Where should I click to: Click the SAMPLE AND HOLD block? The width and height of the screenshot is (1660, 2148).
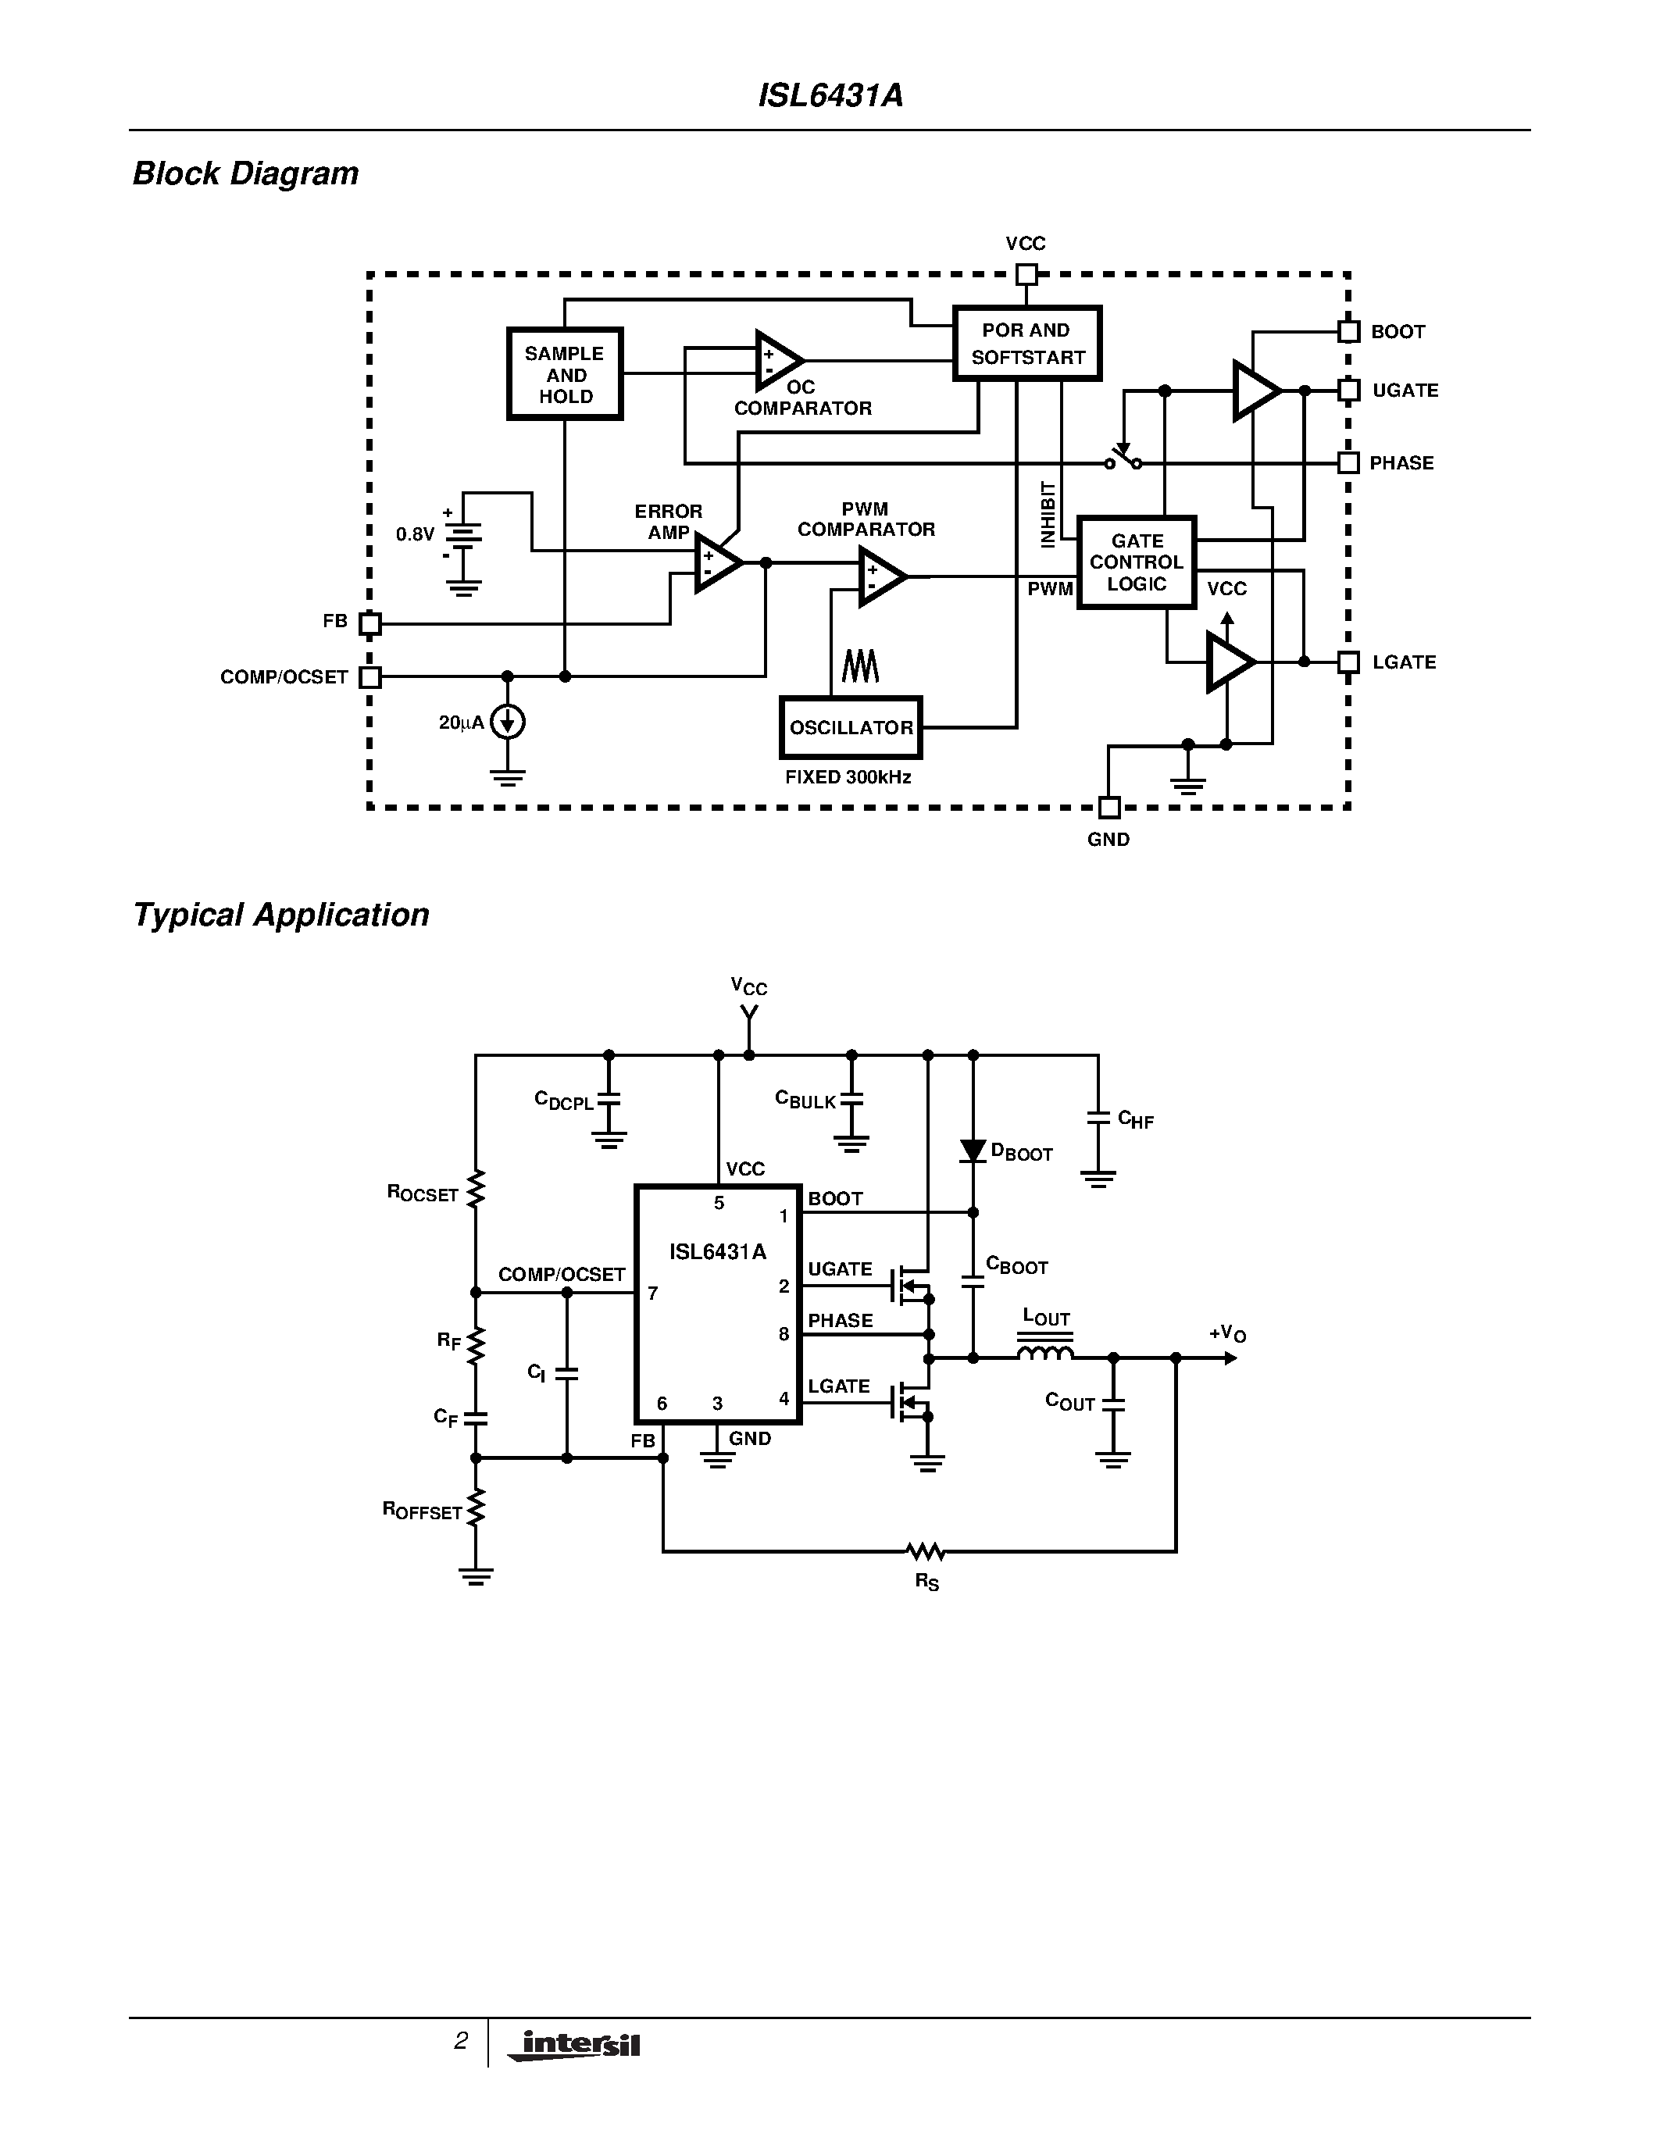tap(565, 373)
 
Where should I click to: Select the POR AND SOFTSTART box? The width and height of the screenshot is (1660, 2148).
tap(1026, 343)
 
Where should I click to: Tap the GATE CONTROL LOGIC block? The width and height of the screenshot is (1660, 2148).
tap(1136, 562)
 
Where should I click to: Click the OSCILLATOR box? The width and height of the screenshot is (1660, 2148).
tap(851, 728)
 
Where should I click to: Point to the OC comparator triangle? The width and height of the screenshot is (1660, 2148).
tap(777, 361)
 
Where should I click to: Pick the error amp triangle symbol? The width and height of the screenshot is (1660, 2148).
tap(716, 563)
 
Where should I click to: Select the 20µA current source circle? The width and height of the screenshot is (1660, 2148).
tap(508, 723)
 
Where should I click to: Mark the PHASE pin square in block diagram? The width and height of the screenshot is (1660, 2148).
tap(1348, 462)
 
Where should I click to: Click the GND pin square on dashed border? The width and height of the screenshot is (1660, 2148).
tap(1108, 808)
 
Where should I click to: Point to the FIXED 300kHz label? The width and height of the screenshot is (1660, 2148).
tap(848, 777)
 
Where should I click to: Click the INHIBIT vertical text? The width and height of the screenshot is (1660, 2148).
tap(1048, 515)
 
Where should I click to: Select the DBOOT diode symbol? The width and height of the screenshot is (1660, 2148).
tap(973, 1151)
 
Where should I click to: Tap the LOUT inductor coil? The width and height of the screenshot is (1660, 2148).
tap(1044, 1354)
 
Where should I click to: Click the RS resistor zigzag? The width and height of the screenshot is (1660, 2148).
tap(926, 1552)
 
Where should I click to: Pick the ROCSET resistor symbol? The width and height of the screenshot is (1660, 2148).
tap(475, 1189)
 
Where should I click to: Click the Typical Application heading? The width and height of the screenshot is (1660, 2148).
tap(280, 915)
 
